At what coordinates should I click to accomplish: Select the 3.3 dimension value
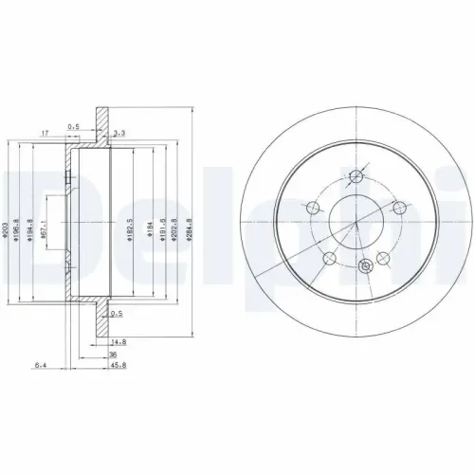tap(119, 137)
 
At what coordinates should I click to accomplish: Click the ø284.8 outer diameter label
tap(192, 230)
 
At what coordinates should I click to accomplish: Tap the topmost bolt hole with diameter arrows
tap(357, 176)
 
